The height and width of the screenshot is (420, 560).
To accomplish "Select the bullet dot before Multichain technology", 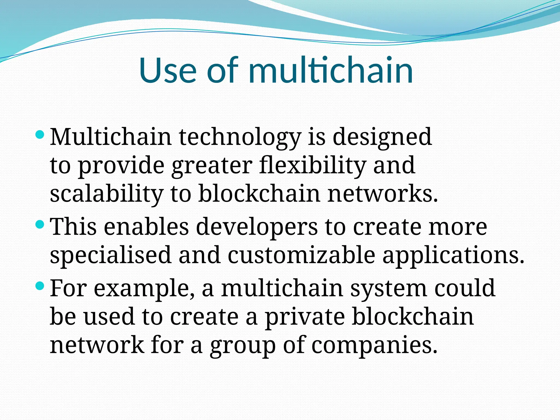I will pos(40,135).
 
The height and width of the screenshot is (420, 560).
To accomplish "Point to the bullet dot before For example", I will pos(40,286).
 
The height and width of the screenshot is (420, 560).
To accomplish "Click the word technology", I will pos(240,137).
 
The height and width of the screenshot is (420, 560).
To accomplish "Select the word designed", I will pos(382,137).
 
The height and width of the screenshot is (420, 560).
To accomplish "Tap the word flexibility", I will pos(312,166).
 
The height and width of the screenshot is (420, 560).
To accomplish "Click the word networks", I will pos(383,194).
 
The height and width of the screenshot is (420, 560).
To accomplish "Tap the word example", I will pos(144,289).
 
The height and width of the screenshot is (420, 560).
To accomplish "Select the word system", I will pos(388,289).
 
